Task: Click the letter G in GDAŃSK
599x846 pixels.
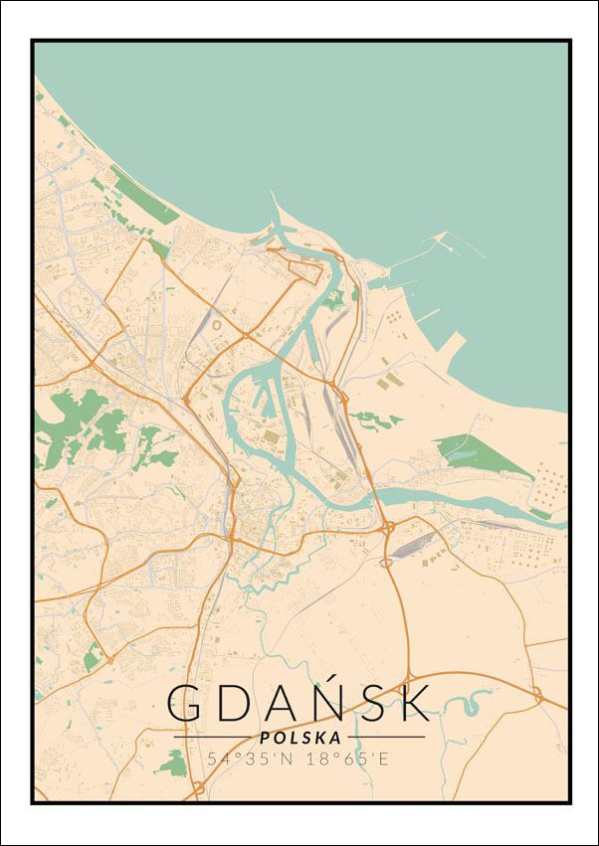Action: pos(186,703)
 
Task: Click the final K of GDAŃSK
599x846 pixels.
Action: pos(412,703)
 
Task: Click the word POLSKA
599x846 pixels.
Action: pos(299,738)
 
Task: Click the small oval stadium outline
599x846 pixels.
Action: pos(217,324)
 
